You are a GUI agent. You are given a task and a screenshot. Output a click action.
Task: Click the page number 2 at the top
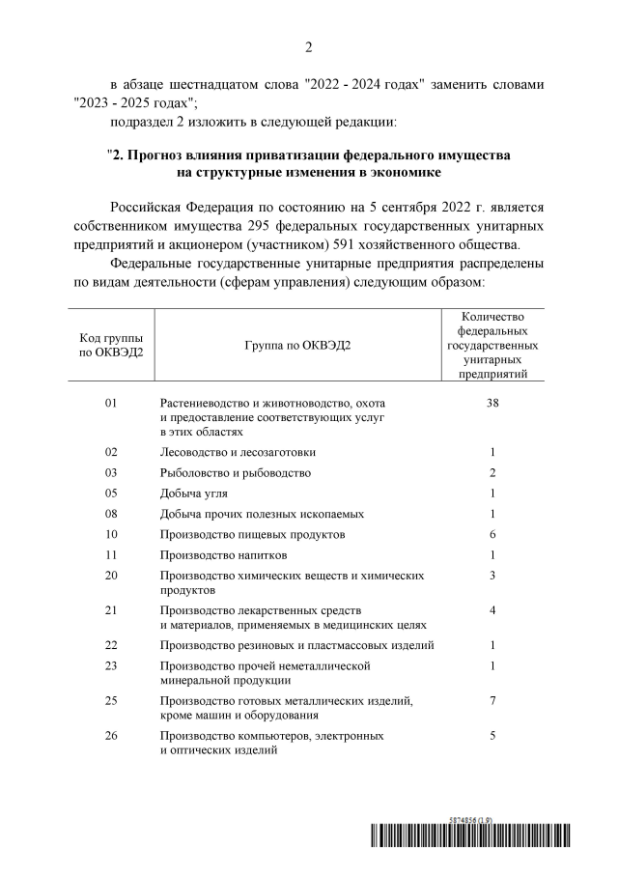click(x=308, y=47)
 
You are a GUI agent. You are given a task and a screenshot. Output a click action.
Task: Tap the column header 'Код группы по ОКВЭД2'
click(x=110, y=347)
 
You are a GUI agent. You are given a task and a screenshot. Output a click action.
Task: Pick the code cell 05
click(x=110, y=493)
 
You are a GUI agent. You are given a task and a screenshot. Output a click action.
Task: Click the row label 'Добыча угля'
click(x=194, y=493)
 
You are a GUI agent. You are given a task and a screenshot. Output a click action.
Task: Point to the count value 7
click(x=492, y=699)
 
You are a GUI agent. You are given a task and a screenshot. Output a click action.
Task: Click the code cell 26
click(x=110, y=735)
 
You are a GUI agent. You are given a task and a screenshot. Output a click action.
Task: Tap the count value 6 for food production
click(x=492, y=534)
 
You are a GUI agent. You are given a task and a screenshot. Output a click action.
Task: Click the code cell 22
click(x=110, y=645)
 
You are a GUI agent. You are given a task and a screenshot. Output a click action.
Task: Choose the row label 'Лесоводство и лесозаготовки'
click(x=238, y=452)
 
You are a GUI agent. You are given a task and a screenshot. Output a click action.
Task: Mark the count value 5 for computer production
click(x=492, y=735)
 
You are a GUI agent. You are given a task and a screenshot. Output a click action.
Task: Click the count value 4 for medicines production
click(x=492, y=610)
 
